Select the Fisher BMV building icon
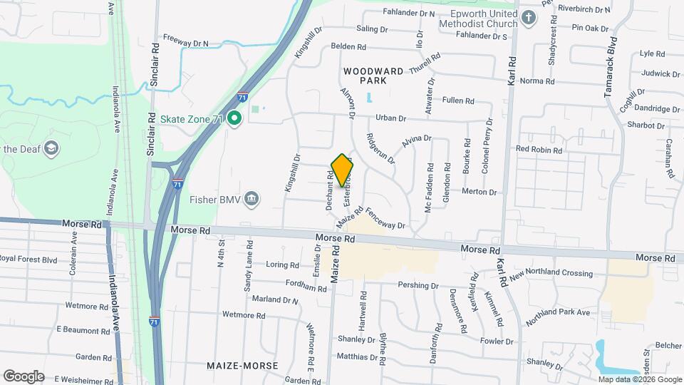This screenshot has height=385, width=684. point(251,198)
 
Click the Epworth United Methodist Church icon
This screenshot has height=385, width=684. point(528,17)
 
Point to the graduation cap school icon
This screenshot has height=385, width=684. point(51,148)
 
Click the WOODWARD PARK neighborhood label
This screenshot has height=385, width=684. point(373,76)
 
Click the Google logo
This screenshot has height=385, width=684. point(24,376)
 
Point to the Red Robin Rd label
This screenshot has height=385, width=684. point(539,149)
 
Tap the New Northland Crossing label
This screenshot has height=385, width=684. point(551,273)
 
